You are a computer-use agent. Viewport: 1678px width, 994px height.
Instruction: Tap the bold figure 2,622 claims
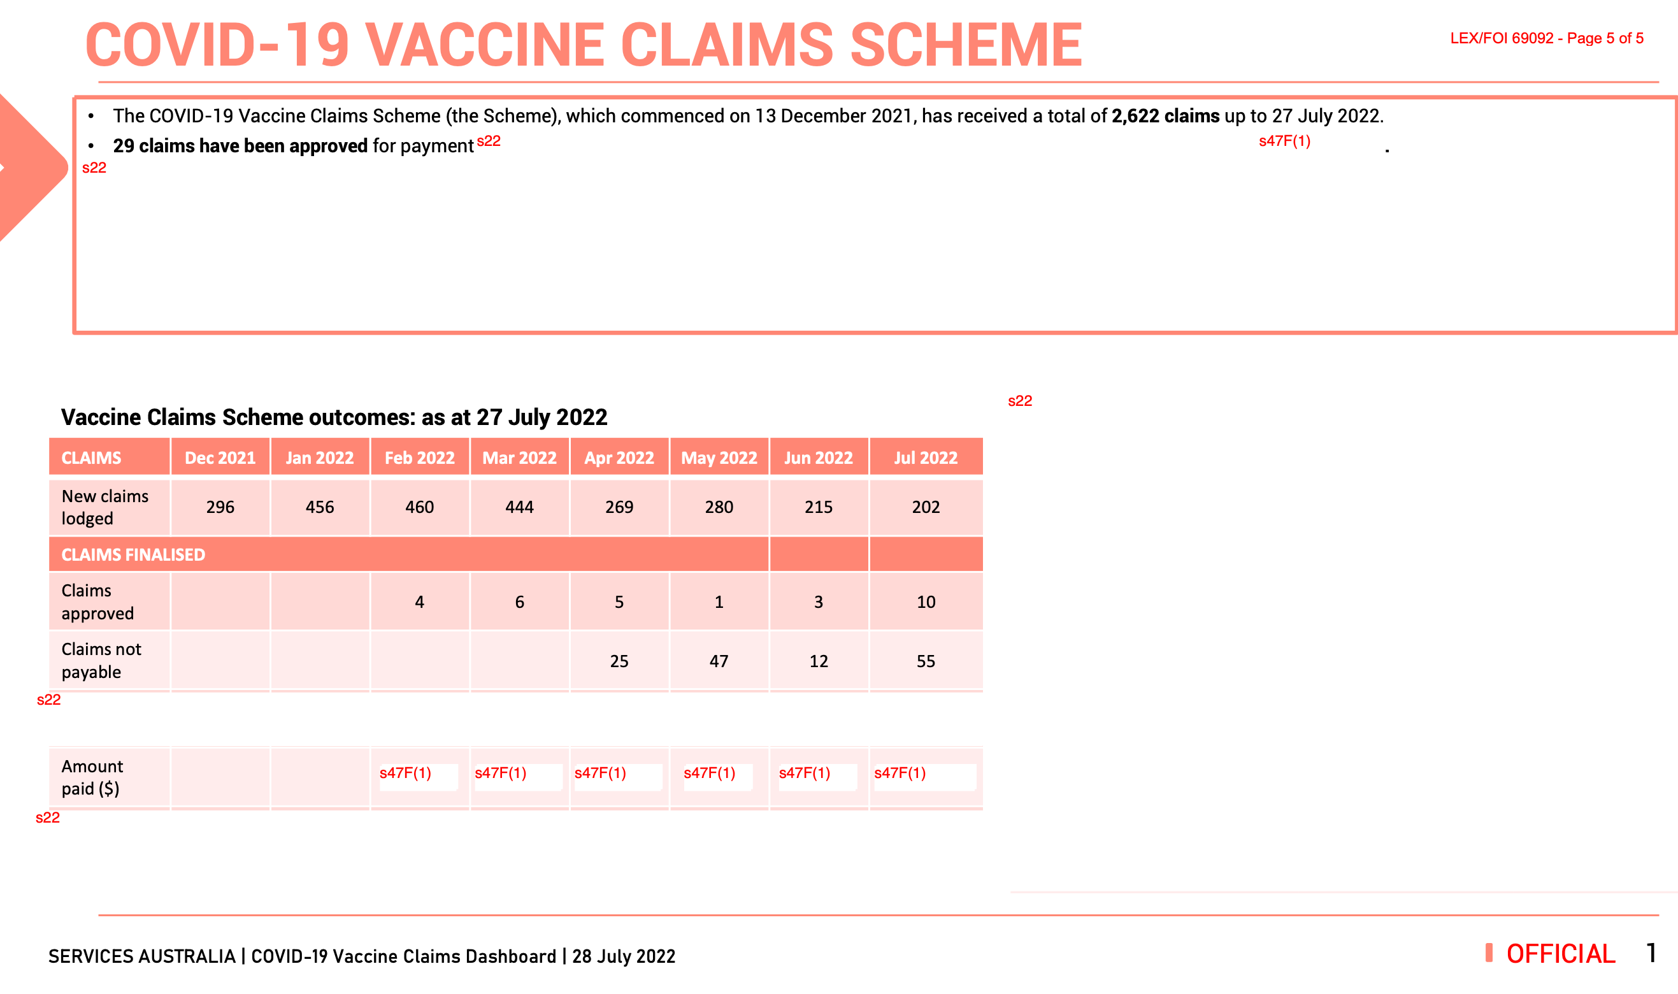click(x=1165, y=116)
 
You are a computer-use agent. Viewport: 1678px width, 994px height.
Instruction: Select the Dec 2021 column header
click(x=220, y=457)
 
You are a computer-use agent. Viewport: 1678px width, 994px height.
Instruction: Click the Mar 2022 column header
click(x=519, y=457)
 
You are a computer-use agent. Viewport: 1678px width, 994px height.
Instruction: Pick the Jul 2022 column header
click(x=926, y=457)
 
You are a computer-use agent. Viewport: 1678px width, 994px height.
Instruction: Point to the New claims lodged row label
click(x=104, y=507)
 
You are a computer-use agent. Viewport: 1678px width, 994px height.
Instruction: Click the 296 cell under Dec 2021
click(x=220, y=507)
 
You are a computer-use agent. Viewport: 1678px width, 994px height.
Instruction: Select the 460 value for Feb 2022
click(x=419, y=507)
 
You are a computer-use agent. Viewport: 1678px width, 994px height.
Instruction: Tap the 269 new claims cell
click(x=619, y=507)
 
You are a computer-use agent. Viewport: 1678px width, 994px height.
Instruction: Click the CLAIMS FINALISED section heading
click(x=133, y=554)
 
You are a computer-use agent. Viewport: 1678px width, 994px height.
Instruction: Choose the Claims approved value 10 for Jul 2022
click(x=926, y=601)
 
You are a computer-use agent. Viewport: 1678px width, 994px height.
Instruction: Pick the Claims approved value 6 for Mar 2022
click(x=519, y=601)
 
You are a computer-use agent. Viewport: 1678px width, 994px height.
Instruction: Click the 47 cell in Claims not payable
click(x=719, y=661)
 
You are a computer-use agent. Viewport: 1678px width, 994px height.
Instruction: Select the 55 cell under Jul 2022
click(x=926, y=661)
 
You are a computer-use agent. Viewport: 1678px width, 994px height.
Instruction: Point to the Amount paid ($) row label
click(x=92, y=777)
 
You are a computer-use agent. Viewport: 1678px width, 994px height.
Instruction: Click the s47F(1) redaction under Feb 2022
click(x=406, y=773)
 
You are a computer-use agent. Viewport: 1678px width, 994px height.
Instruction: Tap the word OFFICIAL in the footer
click(x=1560, y=954)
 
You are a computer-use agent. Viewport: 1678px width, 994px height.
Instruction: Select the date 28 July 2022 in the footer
click(x=624, y=956)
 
